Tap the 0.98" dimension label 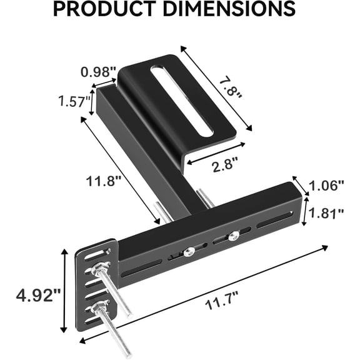98,71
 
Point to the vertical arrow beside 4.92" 63,291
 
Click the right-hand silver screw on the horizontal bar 233,236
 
